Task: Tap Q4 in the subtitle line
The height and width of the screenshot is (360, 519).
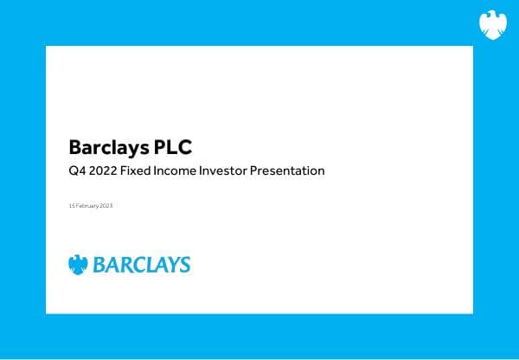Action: pos(76,170)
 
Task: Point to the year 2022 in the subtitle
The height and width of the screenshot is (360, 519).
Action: pos(106,170)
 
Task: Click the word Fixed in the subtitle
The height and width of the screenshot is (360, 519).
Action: pos(140,170)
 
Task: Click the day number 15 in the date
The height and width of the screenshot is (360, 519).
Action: pos(71,205)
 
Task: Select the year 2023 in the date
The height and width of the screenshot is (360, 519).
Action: pos(107,205)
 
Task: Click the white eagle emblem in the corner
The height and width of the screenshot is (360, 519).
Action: pos(492,24)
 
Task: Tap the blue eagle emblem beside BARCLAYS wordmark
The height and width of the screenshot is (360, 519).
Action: pos(78,264)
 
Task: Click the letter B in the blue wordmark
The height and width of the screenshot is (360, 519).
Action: pos(98,264)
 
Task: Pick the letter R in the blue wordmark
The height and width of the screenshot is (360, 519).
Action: pos(125,264)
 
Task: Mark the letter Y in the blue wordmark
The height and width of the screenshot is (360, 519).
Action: pos(171,264)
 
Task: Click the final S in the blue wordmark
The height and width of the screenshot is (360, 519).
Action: pos(184,264)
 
